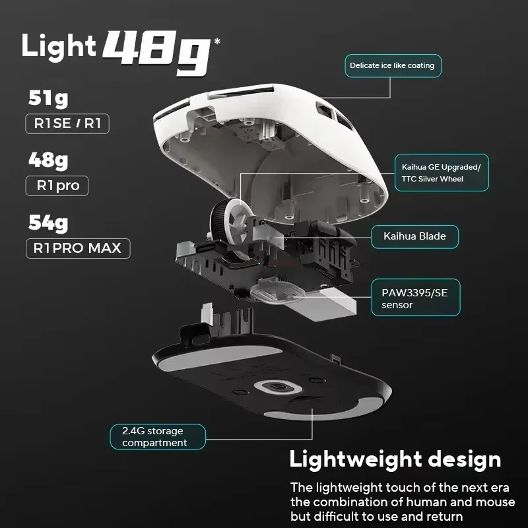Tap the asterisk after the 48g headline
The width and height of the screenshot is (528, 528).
point(217,42)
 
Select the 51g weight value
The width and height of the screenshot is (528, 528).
point(48,99)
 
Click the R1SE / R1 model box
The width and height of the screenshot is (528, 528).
point(67,123)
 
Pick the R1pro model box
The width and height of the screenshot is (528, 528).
point(57,185)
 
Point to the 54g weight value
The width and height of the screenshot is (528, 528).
point(48,224)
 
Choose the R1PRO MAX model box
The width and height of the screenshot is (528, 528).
point(78,248)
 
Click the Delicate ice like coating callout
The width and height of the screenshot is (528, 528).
point(393,65)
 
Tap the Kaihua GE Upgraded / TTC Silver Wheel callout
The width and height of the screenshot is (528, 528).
point(442,173)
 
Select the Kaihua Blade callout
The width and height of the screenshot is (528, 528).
point(414,236)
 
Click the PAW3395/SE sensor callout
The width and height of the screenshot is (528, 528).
point(416,298)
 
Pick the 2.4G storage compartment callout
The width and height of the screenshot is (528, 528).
point(158,437)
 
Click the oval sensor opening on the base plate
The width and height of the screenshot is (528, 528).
point(278,387)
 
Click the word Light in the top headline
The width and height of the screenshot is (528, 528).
point(59,46)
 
